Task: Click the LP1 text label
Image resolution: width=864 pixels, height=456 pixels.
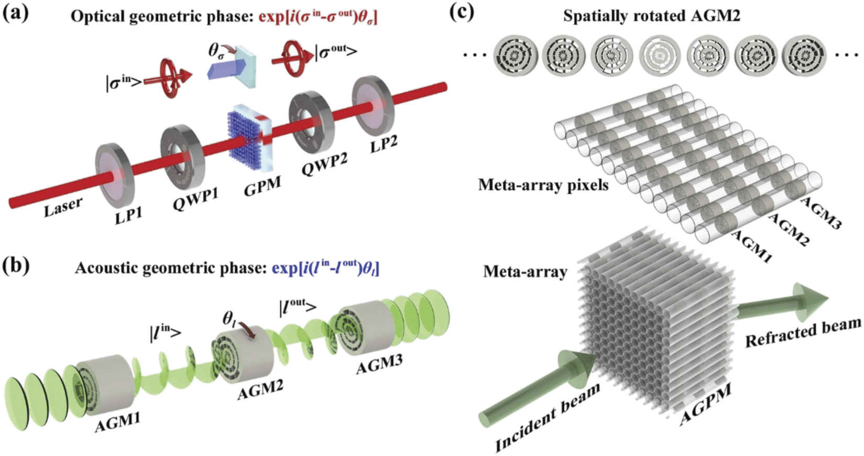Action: [x=129, y=213]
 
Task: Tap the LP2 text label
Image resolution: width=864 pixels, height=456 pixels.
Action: [x=384, y=143]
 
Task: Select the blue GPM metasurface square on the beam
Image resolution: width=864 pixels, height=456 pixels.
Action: [x=248, y=138]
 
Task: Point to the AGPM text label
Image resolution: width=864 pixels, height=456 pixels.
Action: [x=706, y=404]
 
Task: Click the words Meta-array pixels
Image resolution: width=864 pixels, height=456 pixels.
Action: [x=543, y=184]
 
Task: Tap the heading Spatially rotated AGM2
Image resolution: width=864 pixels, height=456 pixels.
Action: [x=652, y=16]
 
